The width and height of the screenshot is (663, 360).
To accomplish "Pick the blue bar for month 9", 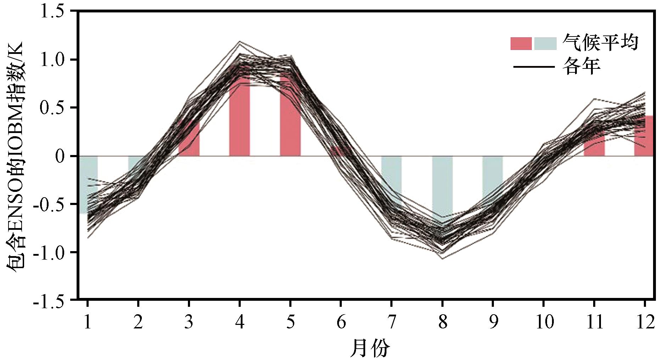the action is pyautogui.click(x=492, y=181).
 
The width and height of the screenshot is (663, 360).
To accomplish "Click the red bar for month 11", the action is pyautogui.click(x=594, y=142).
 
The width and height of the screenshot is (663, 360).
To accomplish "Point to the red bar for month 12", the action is pyautogui.click(x=643, y=136).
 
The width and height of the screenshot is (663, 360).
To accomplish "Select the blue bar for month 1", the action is pyautogui.click(x=88, y=185).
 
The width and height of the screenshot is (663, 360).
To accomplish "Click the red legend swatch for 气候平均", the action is pyautogui.click(x=521, y=43).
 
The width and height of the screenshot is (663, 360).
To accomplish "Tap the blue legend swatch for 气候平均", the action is pyautogui.click(x=545, y=43).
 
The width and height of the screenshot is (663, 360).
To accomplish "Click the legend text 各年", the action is pyautogui.click(x=581, y=66).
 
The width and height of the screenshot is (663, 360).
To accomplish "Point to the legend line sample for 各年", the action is pyautogui.click(x=534, y=67).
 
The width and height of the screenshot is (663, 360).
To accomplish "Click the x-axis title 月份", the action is pyautogui.click(x=370, y=348).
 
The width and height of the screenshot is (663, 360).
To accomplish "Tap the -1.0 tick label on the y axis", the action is pyautogui.click(x=53, y=253).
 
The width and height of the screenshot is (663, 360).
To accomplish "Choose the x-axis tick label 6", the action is pyautogui.click(x=341, y=322).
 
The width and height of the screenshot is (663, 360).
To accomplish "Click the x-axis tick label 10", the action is pyautogui.click(x=544, y=322).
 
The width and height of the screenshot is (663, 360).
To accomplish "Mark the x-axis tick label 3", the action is pyautogui.click(x=189, y=322).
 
